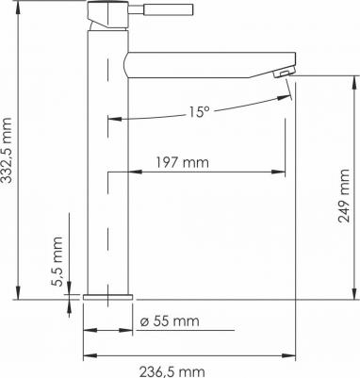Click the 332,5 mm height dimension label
coord(7,150)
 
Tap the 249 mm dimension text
coord(344,196)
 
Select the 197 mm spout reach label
coord(182,162)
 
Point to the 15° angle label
coord(199,111)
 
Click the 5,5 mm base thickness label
coord(57,261)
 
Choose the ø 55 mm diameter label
coord(170,321)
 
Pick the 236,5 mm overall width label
coord(172,371)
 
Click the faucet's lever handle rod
coord(160,9)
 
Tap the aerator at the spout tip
coord(284,73)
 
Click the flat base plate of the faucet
coord(108,297)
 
